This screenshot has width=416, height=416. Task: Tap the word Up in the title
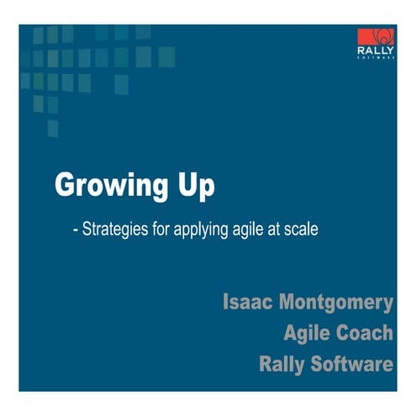[195, 186]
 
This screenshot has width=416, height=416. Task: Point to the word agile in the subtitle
[246, 229]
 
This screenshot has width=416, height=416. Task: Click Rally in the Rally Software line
[284, 366]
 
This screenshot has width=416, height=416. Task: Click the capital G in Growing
[66, 185]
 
